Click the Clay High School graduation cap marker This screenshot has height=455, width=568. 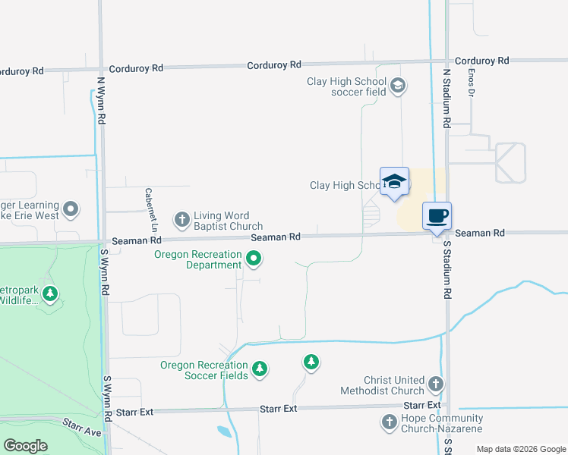pyautogui.click(x=394, y=182)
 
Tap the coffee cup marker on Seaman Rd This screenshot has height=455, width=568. pyautogui.click(x=437, y=216)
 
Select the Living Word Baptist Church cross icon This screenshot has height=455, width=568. pyautogui.click(x=181, y=221)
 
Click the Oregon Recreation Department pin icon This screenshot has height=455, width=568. pyautogui.click(x=254, y=260)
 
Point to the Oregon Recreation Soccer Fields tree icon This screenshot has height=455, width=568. pyautogui.click(x=260, y=369)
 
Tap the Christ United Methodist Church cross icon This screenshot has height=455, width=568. pyautogui.click(x=436, y=384)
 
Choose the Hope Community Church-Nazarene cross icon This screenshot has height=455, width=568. pyautogui.click(x=389, y=422)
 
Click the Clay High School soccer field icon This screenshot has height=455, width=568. pyautogui.click(x=398, y=86)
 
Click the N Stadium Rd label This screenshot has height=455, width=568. pyautogui.click(x=447, y=100)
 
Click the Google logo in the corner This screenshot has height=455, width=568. pyautogui.click(x=25, y=446)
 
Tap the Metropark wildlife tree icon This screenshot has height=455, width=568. pyautogui.click(x=50, y=293)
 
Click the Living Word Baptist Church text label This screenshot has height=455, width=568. pyautogui.click(x=228, y=221)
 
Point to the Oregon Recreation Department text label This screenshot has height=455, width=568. pyautogui.click(x=197, y=259)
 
